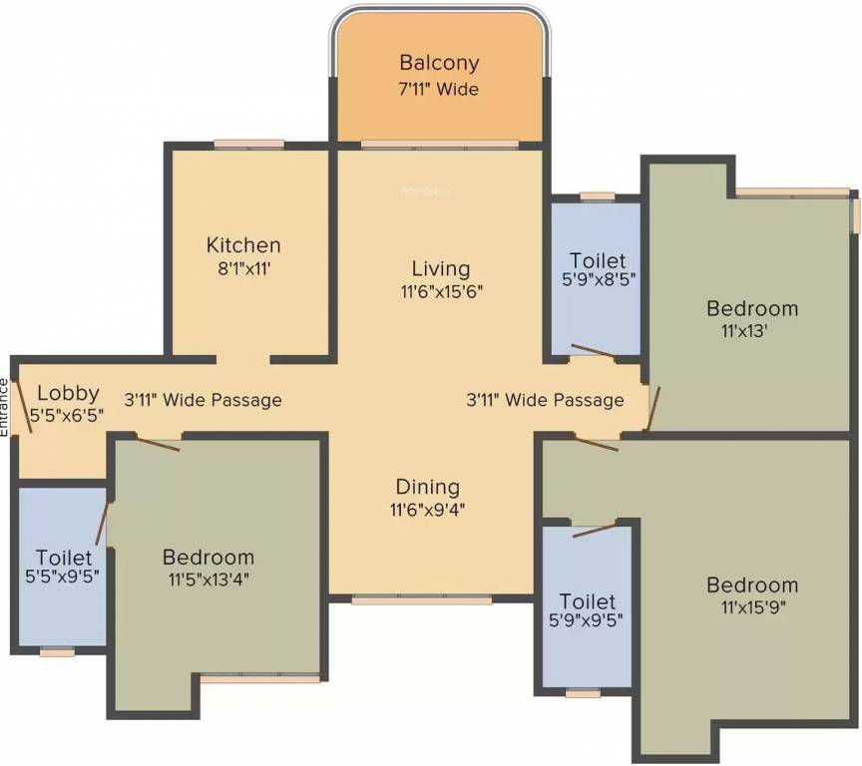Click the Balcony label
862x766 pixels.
(x=439, y=62)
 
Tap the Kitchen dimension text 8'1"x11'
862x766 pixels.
(x=243, y=269)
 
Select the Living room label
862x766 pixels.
(x=440, y=268)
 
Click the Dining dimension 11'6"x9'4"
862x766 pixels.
(x=427, y=510)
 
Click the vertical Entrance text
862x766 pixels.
(x=5, y=406)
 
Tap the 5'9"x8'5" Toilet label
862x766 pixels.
(x=599, y=261)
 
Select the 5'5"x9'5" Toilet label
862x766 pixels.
(x=64, y=558)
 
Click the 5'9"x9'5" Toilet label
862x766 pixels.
(x=588, y=602)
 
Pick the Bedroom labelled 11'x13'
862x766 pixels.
(x=752, y=308)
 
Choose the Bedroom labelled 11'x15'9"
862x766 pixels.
(x=752, y=584)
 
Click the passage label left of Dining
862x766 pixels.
(x=203, y=400)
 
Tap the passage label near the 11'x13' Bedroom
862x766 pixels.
(x=545, y=400)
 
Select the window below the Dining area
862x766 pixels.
(x=421, y=599)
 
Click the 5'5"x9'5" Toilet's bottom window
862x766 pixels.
(x=57, y=652)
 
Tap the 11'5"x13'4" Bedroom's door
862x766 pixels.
(x=157, y=444)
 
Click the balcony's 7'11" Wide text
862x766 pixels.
(x=439, y=89)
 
